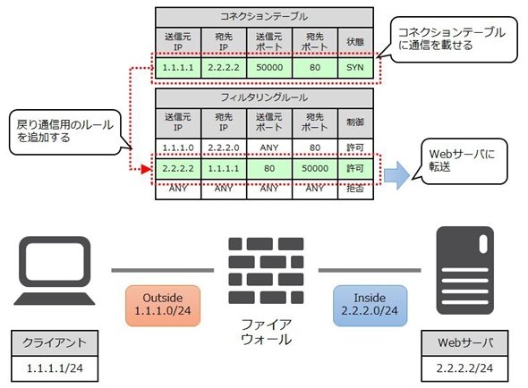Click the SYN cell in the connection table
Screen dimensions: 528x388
pyautogui.click(x=355, y=68)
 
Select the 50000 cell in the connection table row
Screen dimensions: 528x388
pyautogui.click(x=269, y=68)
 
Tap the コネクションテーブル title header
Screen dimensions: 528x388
pyautogui.click(x=264, y=17)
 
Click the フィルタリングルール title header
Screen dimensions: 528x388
pyautogui.click(x=264, y=98)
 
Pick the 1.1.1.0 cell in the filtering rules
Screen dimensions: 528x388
pyautogui.click(x=178, y=148)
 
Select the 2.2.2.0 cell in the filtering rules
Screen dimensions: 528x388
pyautogui.click(x=224, y=148)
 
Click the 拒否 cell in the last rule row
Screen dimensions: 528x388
pyautogui.click(x=355, y=190)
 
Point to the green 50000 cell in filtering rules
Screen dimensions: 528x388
pyautogui.click(x=315, y=168)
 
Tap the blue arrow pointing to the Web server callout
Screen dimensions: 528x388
pyautogui.click(x=396, y=175)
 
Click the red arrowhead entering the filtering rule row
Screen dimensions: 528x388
pyautogui.click(x=147, y=169)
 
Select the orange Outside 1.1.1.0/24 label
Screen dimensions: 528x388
pyautogui.click(x=163, y=305)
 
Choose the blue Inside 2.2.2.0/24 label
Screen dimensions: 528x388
pyautogui.click(x=370, y=305)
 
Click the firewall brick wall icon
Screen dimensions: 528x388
pyautogui.click(x=266, y=271)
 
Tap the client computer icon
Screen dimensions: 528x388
pyautogui.click(x=55, y=270)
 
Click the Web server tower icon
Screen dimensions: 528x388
pyautogui.click(x=465, y=270)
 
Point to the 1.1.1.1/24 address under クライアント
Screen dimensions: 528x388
pyautogui.click(x=55, y=368)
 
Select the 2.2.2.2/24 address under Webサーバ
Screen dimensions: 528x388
pyautogui.click(x=464, y=368)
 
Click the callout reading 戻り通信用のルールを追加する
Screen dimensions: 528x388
pyautogui.click(x=65, y=132)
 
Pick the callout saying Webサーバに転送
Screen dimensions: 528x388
pyautogui.click(x=462, y=161)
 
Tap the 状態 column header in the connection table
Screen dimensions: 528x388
pyautogui.click(x=355, y=42)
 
